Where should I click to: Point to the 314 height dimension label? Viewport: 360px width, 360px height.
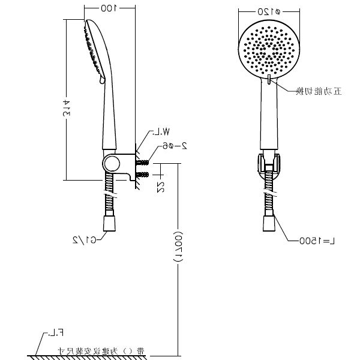pyautogui.click(x=68, y=99)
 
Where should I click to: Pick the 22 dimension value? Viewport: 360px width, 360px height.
pyautogui.click(x=160, y=186)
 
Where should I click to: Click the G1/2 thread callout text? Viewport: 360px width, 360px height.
pyautogui.click(x=85, y=239)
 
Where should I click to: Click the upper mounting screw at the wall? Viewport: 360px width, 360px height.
pyautogui.click(x=142, y=163)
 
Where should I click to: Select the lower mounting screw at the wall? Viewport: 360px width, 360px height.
pyautogui.click(x=142, y=175)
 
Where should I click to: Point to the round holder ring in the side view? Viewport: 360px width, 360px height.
pyautogui.click(x=111, y=163)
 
